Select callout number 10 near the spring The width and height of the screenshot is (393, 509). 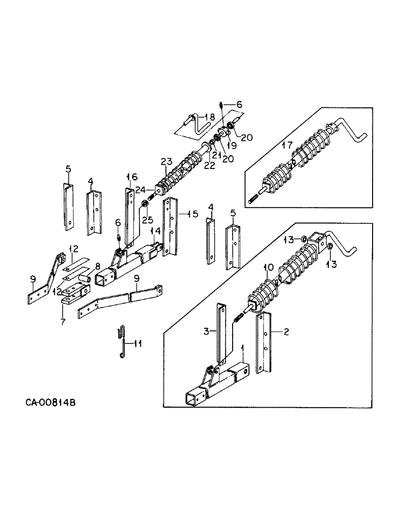(268, 267)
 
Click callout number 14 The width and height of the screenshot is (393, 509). (157, 231)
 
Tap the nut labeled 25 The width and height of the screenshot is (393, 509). (145, 205)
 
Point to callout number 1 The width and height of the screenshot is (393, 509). (242, 348)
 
